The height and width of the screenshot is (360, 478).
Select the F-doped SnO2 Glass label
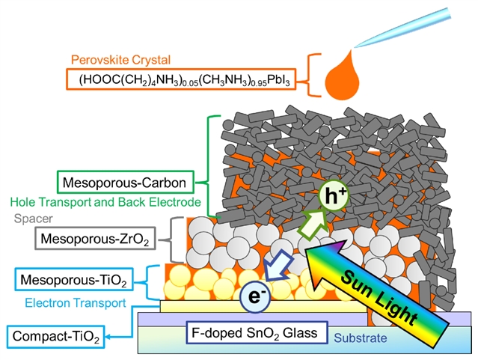(x=259, y=332)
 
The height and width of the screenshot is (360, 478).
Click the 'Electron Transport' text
(x=75, y=303)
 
